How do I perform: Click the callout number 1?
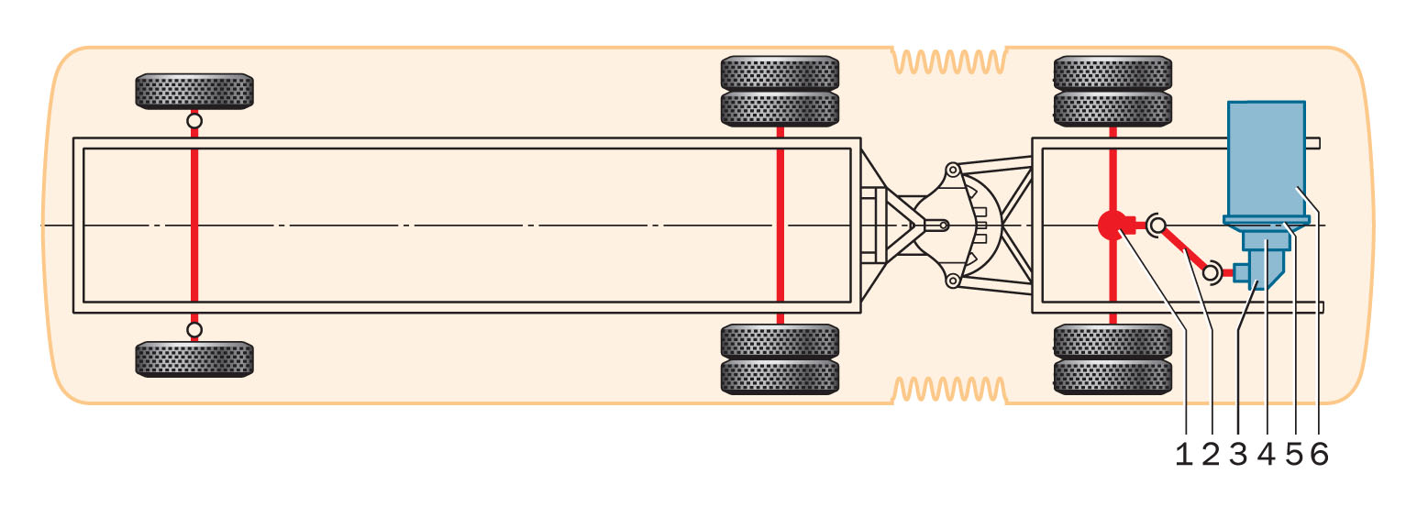point(1184,453)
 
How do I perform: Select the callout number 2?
point(1212,453)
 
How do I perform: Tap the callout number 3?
point(1239,453)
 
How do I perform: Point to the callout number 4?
point(1267,453)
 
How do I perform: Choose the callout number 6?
point(1320,453)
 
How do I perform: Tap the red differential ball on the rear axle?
point(1113,225)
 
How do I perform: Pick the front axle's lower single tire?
point(194,358)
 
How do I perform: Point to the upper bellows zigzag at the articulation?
point(949,61)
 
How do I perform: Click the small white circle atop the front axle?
point(194,120)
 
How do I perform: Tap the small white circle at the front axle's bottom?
point(194,329)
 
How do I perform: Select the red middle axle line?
point(780,225)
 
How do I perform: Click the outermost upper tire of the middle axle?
point(780,72)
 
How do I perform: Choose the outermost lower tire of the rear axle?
point(1113,376)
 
